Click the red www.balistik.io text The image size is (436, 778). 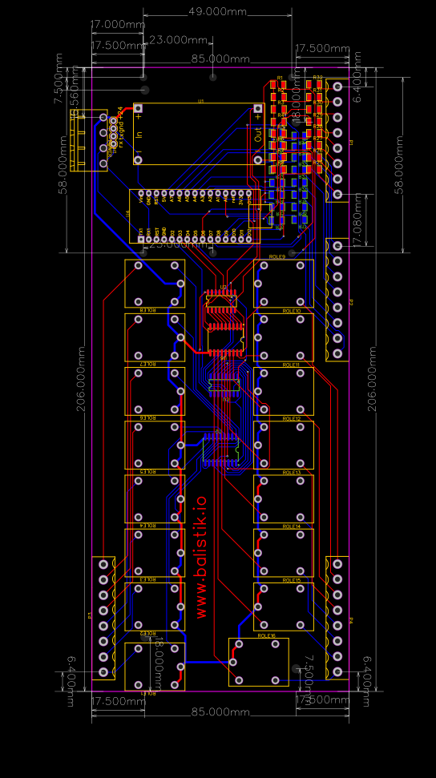(201, 556)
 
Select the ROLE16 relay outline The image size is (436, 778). (258, 662)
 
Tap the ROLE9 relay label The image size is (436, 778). (278, 256)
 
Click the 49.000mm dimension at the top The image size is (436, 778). (217, 11)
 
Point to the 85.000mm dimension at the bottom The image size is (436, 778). (220, 711)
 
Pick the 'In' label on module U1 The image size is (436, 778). (139, 132)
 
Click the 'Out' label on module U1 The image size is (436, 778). (258, 133)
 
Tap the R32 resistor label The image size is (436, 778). (317, 78)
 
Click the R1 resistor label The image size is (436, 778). (279, 78)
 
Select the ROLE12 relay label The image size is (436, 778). (292, 418)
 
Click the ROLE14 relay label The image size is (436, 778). (292, 526)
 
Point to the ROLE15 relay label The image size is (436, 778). (292, 580)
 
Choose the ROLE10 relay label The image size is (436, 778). (292, 311)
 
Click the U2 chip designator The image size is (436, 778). (224, 286)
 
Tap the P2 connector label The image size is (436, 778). (351, 302)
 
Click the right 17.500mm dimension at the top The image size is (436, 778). (321, 48)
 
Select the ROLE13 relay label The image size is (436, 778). (292, 473)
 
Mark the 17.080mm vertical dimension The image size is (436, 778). (358, 216)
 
